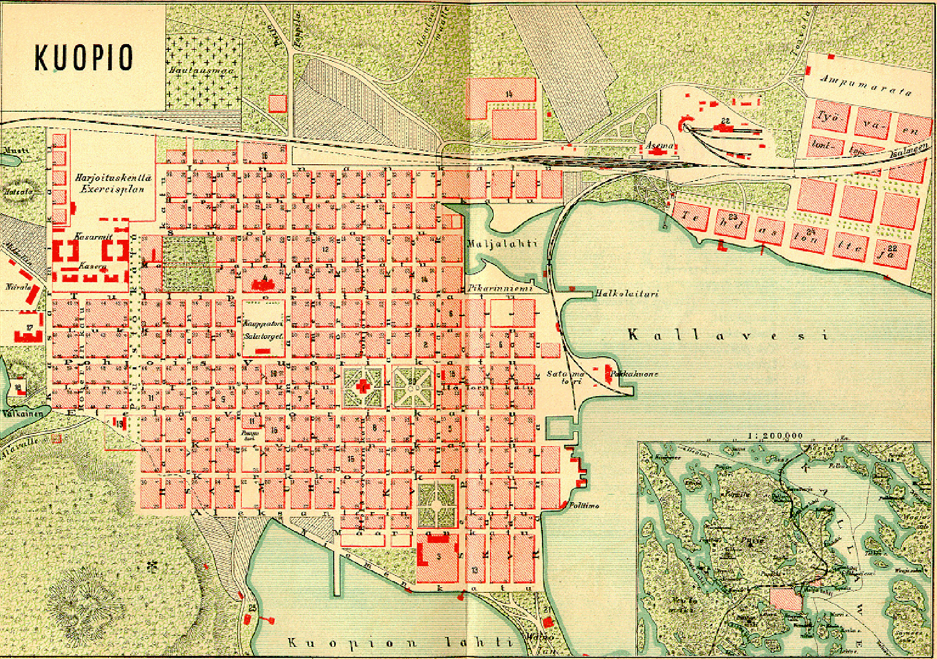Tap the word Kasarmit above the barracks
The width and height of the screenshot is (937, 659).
(x=93, y=236)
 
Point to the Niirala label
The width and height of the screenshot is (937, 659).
(x=15, y=288)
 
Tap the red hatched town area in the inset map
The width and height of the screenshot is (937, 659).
(x=786, y=598)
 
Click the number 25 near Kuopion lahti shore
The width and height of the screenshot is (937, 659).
(x=253, y=609)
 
